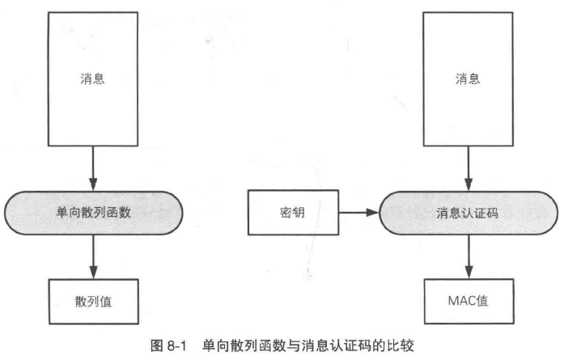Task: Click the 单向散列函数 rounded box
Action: [x=94, y=213]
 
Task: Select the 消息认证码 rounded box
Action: [x=469, y=213]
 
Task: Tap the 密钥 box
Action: [x=293, y=213]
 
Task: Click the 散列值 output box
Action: [x=94, y=302]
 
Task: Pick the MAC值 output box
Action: [x=469, y=302]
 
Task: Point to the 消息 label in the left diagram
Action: [x=92, y=78]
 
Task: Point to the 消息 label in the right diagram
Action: [x=468, y=78]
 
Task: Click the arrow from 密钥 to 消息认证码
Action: [x=359, y=213]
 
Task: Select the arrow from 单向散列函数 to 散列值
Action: [x=94, y=256]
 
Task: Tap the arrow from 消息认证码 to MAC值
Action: [x=469, y=256]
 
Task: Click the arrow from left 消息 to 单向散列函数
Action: [x=93, y=168]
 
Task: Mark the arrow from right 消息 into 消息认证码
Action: [x=469, y=168]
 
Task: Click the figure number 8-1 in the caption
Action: [x=176, y=346]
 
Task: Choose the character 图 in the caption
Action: [x=157, y=346]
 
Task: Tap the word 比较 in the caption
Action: [x=401, y=345]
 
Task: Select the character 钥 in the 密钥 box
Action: [x=299, y=213]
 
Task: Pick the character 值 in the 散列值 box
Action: [x=106, y=302]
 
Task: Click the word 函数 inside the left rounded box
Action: [x=118, y=212]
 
